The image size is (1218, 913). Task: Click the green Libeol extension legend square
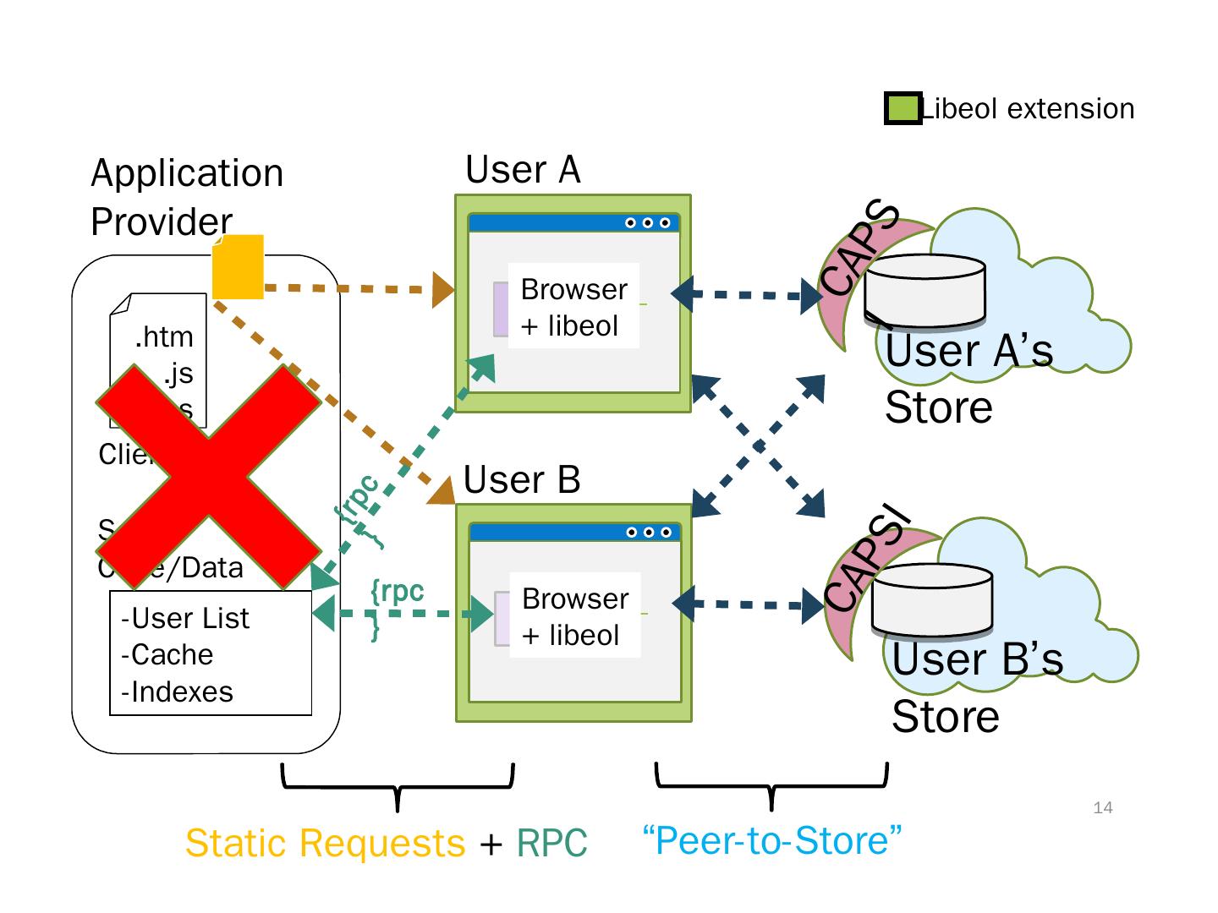pos(903,109)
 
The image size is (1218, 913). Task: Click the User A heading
pos(523,170)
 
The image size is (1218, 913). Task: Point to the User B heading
pos(522,480)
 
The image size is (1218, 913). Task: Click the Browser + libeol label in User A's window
pos(573,307)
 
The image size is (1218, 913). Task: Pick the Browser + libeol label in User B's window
pos(575,616)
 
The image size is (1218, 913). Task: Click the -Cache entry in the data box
pos(167,655)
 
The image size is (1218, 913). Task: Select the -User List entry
pos(185,619)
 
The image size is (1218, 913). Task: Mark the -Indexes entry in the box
pos(177,692)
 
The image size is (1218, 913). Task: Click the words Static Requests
pos(325,843)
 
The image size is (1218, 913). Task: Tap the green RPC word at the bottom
pos(551,843)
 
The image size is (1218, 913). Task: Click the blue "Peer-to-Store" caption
pos(772,840)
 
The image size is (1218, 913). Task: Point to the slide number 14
pos(1103,808)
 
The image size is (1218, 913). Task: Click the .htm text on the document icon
pos(164,337)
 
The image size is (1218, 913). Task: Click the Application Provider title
pos(187,197)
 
